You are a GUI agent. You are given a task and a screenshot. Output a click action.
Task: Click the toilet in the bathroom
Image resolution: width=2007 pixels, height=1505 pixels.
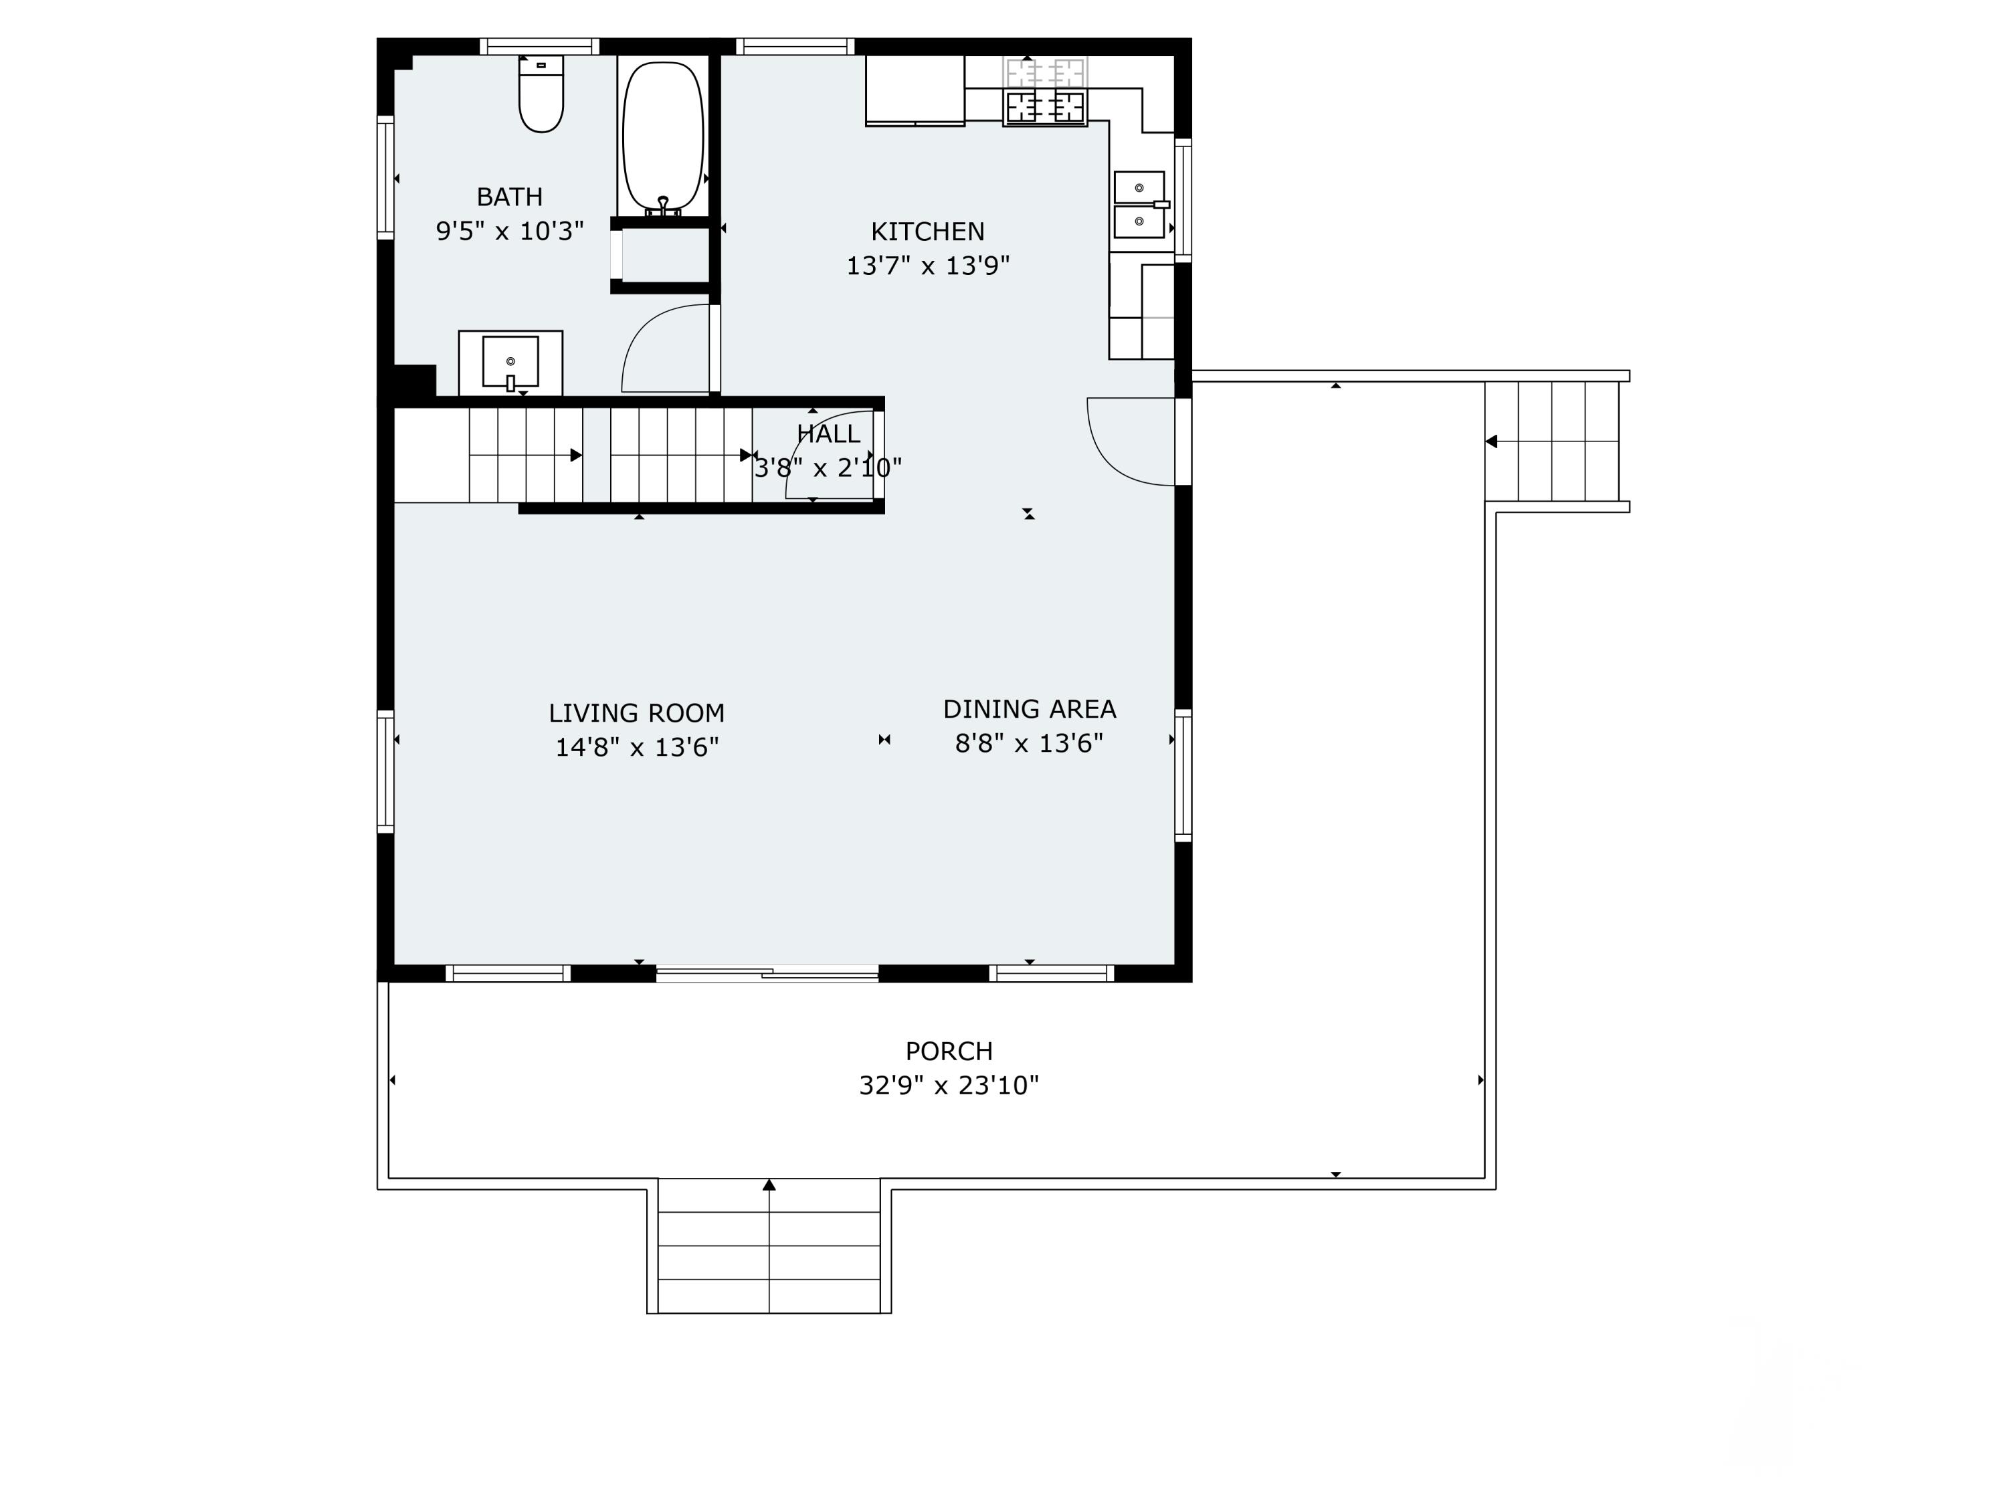[x=541, y=95]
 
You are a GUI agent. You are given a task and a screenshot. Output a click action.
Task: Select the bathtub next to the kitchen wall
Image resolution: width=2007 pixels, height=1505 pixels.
[x=663, y=136]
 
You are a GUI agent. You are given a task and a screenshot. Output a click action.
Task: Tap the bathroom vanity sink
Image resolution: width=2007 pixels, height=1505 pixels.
[x=510, y=362]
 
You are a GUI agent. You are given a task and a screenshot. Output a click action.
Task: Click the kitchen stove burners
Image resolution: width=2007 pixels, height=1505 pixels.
[x=1045, y=106]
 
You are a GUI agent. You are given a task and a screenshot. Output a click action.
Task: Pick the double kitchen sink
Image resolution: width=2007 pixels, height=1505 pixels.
[x=1139, y=204]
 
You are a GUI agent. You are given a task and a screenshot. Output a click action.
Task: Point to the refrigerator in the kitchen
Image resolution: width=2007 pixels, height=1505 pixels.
[x=915, y=90]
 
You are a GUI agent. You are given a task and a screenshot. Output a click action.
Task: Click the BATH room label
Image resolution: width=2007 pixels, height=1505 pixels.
[x=509, y=197]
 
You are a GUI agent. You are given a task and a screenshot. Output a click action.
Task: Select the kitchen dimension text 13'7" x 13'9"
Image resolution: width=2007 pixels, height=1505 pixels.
[x=927, y=266]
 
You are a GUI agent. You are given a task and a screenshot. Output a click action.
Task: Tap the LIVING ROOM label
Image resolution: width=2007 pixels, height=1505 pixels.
[x=636, y=713]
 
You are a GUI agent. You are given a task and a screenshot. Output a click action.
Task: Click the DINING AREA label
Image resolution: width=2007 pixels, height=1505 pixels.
[x=1029, y=710]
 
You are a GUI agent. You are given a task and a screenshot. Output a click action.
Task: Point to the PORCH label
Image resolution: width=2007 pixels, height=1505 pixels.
[x=949, y=1051]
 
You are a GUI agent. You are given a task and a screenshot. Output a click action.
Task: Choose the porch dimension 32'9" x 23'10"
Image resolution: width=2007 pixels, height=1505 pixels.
[x=949, y=1086]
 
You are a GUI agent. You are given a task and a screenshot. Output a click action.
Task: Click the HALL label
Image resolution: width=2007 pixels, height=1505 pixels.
[x=828, y=433]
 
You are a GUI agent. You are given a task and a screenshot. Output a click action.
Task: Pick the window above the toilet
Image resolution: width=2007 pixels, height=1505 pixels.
[x=539, y=46]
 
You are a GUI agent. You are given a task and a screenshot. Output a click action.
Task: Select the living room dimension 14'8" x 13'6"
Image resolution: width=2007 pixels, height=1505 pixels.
[x=636, y=748]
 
